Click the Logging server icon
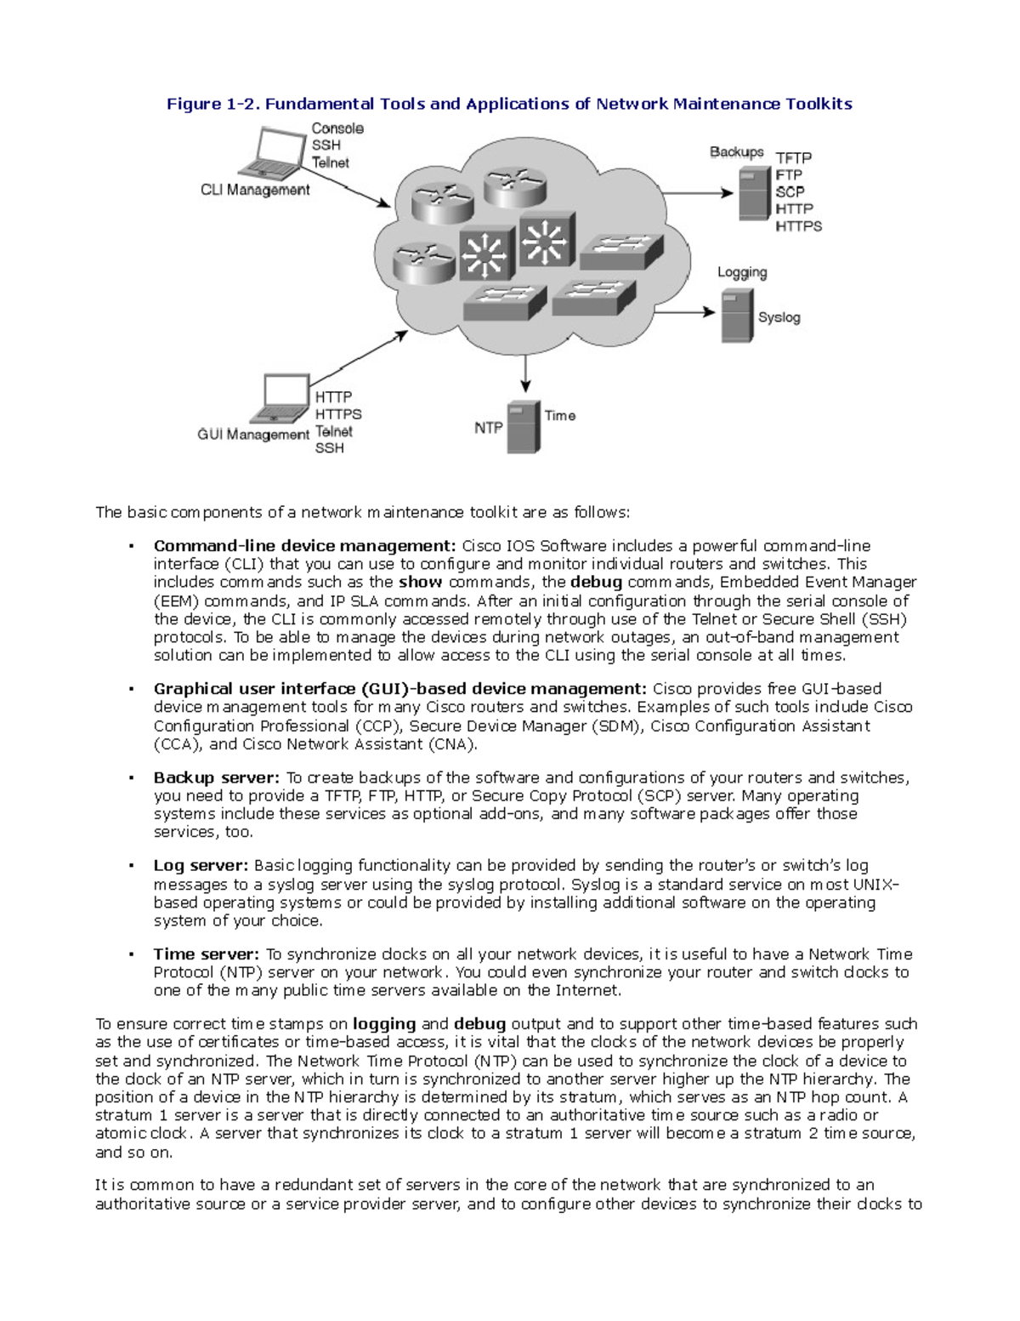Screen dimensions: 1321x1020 pyautogui.click(x=736, y=315)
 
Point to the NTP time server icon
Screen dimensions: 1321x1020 pyautogui.click(x=524, y=427)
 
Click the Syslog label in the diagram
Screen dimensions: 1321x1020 pyautogui.click(x=779, y=317)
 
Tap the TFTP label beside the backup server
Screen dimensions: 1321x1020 pyautogui.click(x=793, y=157)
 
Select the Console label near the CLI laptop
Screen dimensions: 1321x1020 pyautogui.click(x=337, y=128)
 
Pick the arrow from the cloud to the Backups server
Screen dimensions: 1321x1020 pyautogui.click(x=697, y=193)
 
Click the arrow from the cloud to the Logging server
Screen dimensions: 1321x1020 pyautogui.click(x=685, y=311)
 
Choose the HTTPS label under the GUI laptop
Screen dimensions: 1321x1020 pyautogui.click(x=337, y=414)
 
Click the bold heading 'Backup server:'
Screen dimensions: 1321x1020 pyautogui.click(x=216, y=777)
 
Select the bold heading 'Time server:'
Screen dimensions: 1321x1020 pyautogui.click(x=206, y=954)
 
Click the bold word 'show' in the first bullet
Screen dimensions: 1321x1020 pyautogui.click(x=420, y=582)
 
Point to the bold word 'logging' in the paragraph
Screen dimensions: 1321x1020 pyautogui.click(x=384, y=1024)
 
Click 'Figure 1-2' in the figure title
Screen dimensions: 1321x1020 pyautogui.click(x=212, y=104)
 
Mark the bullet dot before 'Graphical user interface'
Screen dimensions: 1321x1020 pyautogui.click(x=131, y=689)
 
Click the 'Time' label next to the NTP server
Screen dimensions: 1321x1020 pyautogui.click(x=559, y=415)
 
